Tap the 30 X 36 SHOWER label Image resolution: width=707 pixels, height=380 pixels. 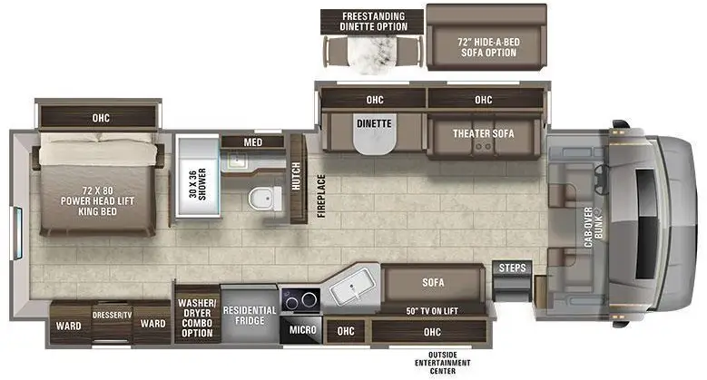pos(198,184)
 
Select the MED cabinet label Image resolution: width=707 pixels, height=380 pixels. pos(253,142)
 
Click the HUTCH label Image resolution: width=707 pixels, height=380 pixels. pos(296,176)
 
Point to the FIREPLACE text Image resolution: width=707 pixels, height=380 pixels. pos(321,196)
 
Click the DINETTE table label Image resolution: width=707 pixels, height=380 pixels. pos(374,123)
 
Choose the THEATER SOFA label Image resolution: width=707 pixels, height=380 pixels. pos(484,133)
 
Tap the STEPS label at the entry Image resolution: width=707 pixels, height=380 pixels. pos(512,268)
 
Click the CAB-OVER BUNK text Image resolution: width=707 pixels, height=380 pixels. pos(594,228)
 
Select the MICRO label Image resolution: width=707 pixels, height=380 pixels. pos(302,329)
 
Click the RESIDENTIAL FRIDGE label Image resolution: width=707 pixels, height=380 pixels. pos(250,316)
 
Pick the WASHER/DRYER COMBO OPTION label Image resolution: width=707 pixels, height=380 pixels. pos(197,317)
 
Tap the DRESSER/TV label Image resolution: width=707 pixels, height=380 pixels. pos(112,315)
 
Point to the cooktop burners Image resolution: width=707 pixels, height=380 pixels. pos(300,299)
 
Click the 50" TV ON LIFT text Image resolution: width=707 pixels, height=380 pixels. pos(432,310)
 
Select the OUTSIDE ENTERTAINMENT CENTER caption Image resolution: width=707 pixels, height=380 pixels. pos(442,363)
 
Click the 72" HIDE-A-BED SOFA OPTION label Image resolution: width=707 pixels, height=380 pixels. pos(489,47)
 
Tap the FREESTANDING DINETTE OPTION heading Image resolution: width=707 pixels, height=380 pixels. pos(373,21)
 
